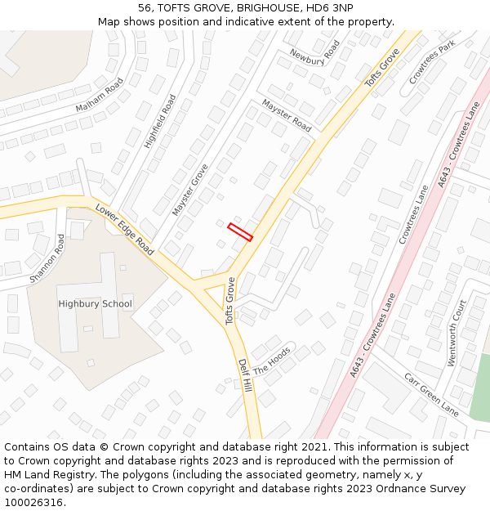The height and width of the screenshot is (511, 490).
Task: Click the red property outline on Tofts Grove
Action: point(240,231)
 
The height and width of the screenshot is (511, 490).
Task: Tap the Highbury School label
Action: point(95,304)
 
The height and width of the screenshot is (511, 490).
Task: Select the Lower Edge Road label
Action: point(124,230)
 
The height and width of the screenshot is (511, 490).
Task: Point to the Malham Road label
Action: point(99,96)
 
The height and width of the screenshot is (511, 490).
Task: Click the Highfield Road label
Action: point(160,121)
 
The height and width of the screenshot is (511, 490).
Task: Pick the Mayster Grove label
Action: point(190,190)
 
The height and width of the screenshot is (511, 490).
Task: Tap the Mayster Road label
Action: point(287,115)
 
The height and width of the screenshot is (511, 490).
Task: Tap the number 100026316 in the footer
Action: point(35,502)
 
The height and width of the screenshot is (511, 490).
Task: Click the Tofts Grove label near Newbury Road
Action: point(382,68)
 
